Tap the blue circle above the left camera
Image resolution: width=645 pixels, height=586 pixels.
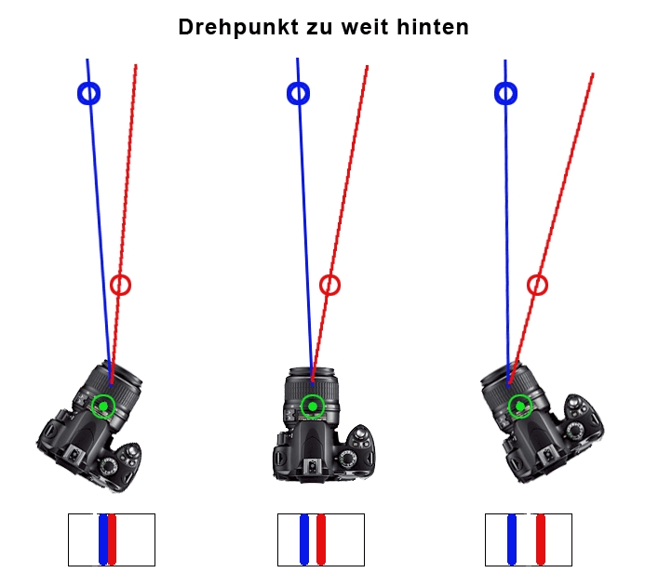pyautogui.click(x=88, y=93)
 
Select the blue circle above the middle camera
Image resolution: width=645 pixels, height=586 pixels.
pyautogui.click(x=298, y=93)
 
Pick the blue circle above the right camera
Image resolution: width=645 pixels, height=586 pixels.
pyautogui.click(x=505, y=93)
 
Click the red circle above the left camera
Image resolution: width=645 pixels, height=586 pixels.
pyautogui.click(x=120, y=285)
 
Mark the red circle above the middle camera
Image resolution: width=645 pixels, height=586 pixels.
pyautogui.click(x=329, y=285)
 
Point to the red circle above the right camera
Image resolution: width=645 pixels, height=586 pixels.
pyautogui.click(x=537, y=285)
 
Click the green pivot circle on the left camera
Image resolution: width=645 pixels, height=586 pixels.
pyautogui.click(x=103, y=406)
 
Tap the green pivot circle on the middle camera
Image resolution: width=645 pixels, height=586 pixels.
pyautogui.click(x=313, y=406)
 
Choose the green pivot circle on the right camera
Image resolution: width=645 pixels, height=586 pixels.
pyautogui.click(x=520, y=406)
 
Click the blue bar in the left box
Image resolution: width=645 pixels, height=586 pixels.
pyautogui.click(x=102, y=539)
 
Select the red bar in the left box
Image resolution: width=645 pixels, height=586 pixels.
pyautogui.click(x=113, y=539)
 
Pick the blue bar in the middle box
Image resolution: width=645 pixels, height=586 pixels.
pyautogui.click(x=304, y=539)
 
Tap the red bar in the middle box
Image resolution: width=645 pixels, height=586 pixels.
pyautogui.click(x=322, y=539)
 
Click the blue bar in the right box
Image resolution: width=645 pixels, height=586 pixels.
pyautogui.click(x=512, y=539)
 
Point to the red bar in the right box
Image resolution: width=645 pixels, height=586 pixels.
pyautogui.click(x=540, y=539)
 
